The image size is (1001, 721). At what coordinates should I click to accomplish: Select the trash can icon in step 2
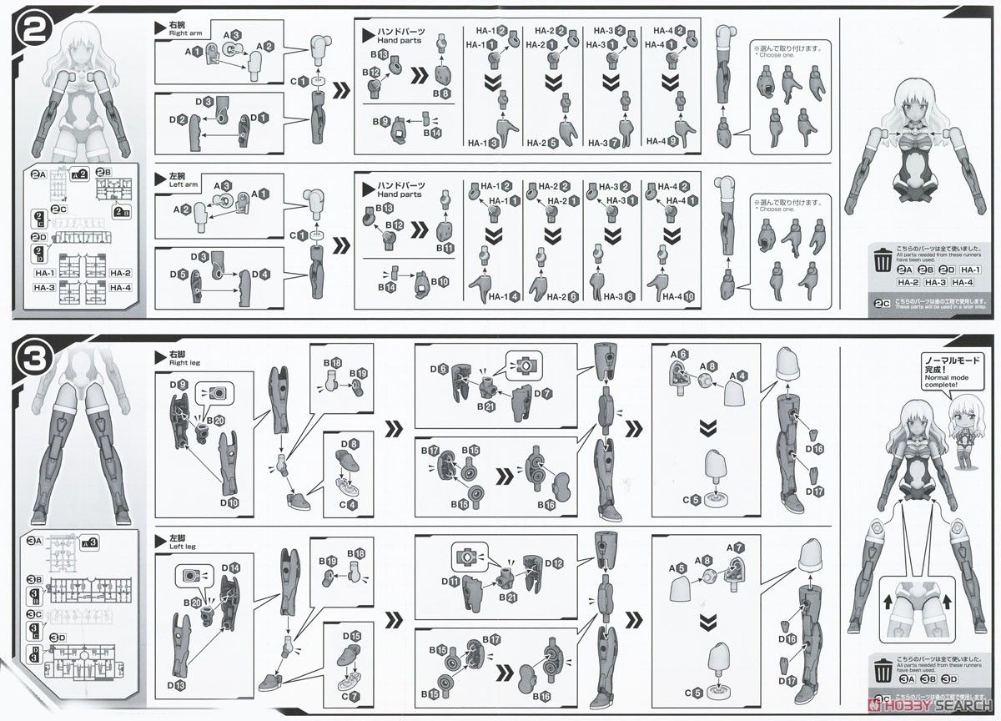pyautogui.click(x=883, y=259)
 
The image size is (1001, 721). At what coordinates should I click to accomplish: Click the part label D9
pyautogui.click(x=177, y=384)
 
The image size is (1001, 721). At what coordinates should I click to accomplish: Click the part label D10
pyautogui.click(x=230, y=502)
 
